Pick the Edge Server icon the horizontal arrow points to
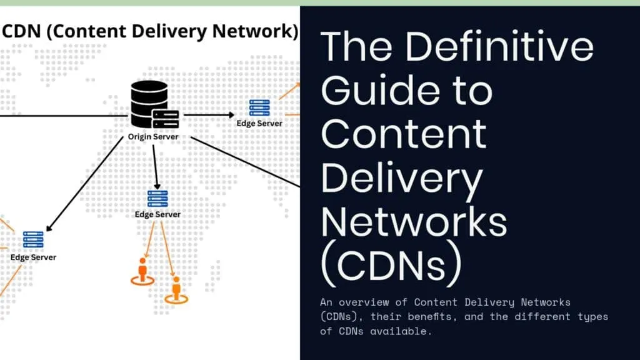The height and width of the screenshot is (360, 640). tap(259, 107)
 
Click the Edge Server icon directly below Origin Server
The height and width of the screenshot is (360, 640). tap(157, 199)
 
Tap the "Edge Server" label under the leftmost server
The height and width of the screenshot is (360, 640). tap(33, 257)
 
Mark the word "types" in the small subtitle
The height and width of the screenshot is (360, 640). tap(592, 317)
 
